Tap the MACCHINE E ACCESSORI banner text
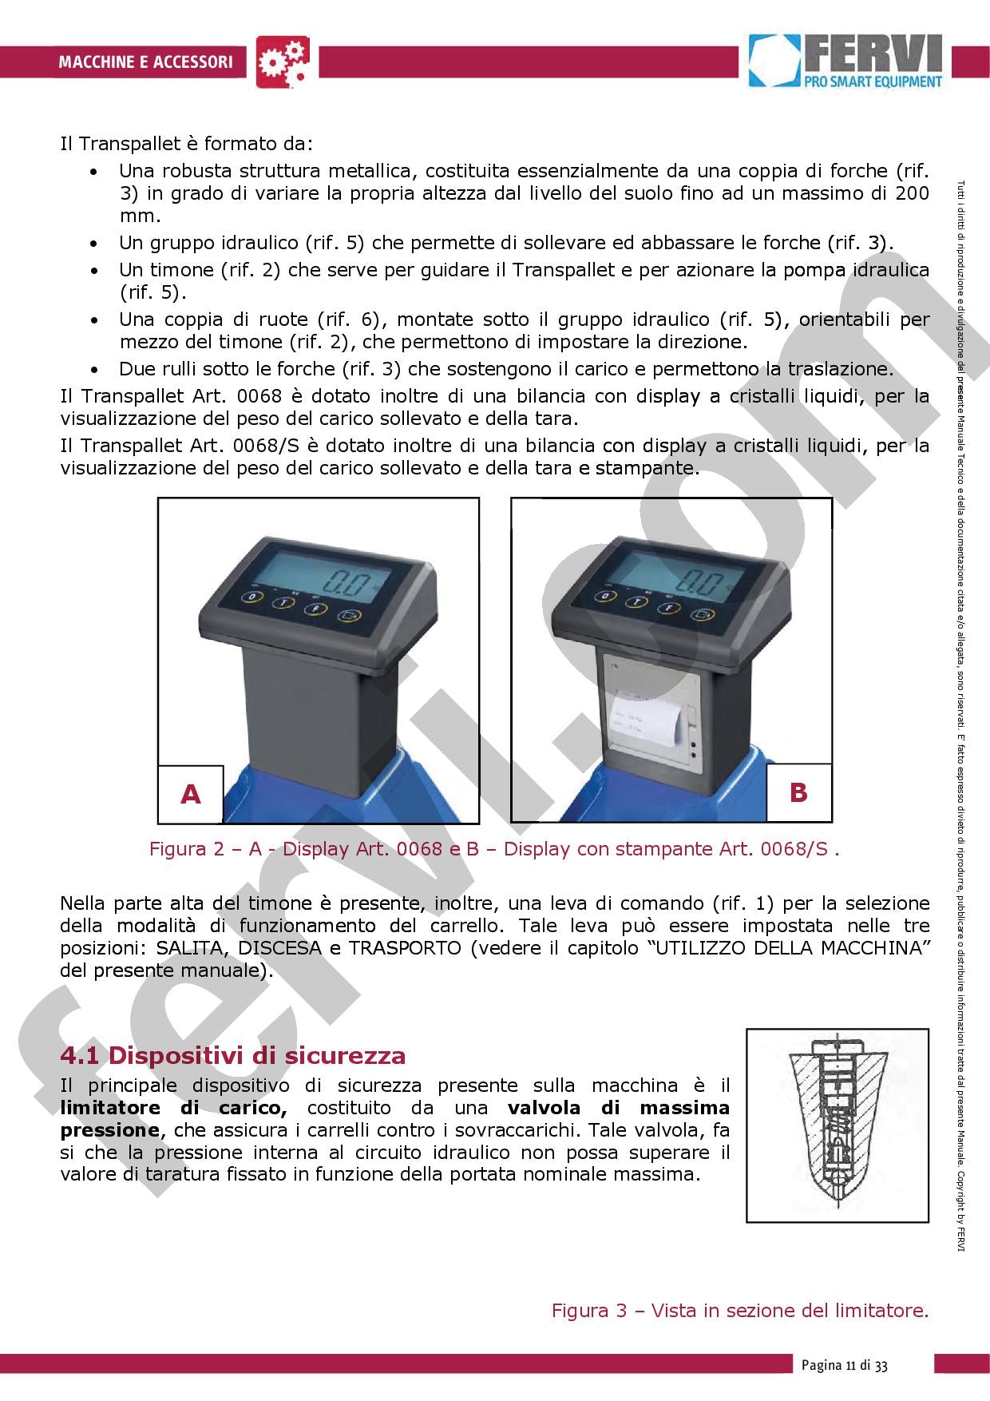point(145,62)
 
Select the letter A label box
point(190,794)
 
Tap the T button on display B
point(636,603)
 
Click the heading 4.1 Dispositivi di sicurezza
point(233,1055)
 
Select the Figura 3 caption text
point(740,1311)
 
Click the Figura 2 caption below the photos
point(493,848)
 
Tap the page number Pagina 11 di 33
point(845,1365)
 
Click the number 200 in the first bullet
point(911,192)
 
